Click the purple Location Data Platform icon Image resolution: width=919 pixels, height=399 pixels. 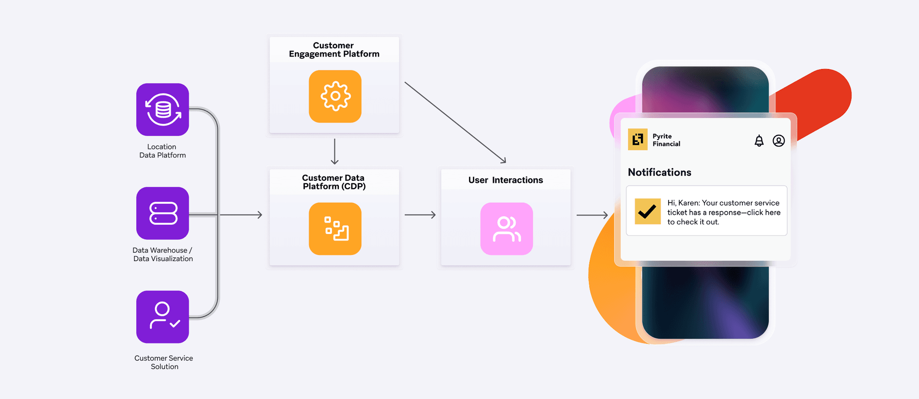163,110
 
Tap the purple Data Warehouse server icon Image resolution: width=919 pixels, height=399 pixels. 163,213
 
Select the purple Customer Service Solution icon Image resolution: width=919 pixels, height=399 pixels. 163,317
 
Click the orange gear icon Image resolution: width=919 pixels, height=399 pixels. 335,96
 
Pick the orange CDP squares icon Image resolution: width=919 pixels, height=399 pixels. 335,229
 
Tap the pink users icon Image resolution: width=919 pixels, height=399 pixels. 506,229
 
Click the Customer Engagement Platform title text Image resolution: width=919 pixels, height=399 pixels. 334,50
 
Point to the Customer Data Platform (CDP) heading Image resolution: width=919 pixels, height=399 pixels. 334,182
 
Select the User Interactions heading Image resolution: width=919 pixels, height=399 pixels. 505,180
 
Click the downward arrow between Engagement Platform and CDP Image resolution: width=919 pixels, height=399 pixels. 335,152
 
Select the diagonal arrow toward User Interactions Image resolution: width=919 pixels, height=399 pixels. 455,122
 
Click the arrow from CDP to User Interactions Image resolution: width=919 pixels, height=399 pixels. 420,215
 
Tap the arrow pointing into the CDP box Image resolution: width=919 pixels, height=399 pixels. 241,215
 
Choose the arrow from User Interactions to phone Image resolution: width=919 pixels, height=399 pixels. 592,215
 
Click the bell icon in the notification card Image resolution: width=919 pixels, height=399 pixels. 759,141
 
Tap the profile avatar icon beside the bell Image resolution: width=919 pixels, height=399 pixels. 779,141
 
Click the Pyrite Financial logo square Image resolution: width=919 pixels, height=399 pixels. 638,140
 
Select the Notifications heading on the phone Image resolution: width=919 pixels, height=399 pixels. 659,172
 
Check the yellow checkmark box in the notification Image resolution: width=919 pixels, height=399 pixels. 648,211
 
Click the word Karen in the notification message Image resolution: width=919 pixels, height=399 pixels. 688,203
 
